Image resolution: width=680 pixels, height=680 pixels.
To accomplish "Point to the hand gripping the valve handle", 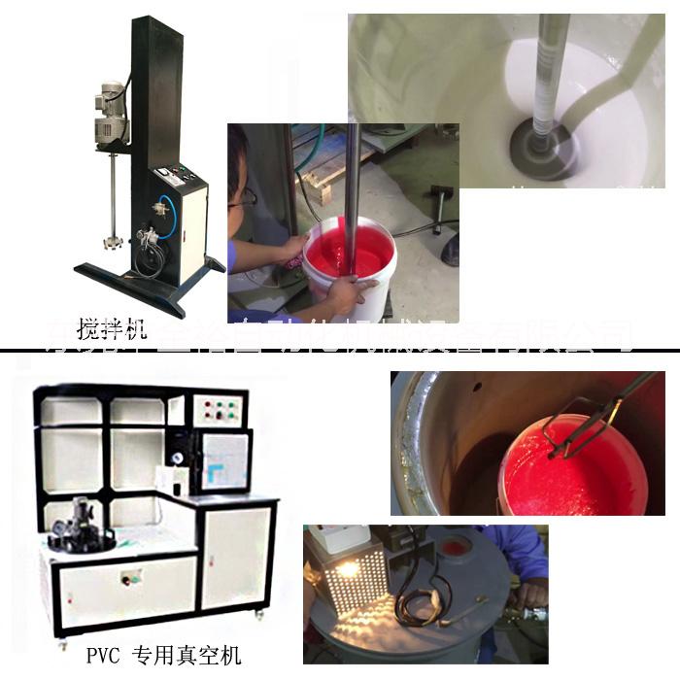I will pyautogui.click(x=529, y=593).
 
